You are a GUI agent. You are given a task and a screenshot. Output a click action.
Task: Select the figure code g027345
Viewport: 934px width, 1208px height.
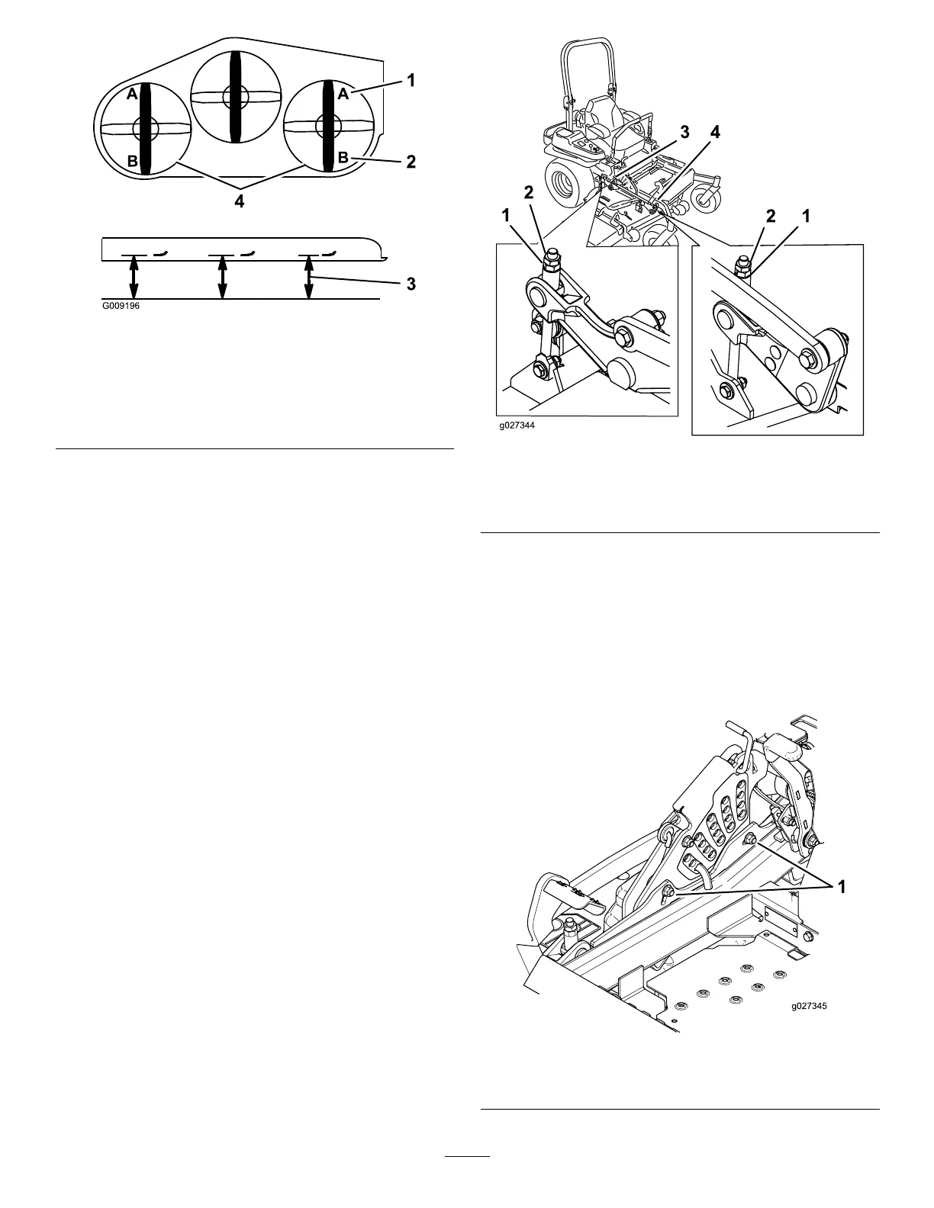coord(809,1006)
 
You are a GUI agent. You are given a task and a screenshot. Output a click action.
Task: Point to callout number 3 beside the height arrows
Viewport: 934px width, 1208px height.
coord(411,284)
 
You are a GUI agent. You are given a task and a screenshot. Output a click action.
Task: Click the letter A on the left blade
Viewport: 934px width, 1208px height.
coord(131,94)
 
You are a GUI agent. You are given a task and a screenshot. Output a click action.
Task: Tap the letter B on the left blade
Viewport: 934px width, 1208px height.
coord(132,162)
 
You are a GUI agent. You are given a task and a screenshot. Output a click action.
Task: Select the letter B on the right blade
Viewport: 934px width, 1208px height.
coord(343,158)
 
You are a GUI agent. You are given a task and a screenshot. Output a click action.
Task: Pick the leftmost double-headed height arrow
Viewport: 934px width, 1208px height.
coord(134,278)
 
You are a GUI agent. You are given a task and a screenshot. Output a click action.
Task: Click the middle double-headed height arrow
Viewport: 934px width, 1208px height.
coord(222,278)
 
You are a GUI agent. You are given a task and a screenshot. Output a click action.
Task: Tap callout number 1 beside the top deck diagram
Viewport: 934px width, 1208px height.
coord(411,79)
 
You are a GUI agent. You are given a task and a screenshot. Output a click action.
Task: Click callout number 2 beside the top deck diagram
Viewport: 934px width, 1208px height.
coord(411,162)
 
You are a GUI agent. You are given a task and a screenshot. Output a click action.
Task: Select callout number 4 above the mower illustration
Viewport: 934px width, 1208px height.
coord(714,132)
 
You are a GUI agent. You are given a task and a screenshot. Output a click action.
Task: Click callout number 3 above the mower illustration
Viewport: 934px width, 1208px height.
coord(685,132)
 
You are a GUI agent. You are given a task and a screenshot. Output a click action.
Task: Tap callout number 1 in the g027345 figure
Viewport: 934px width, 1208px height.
coord(842,887)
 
